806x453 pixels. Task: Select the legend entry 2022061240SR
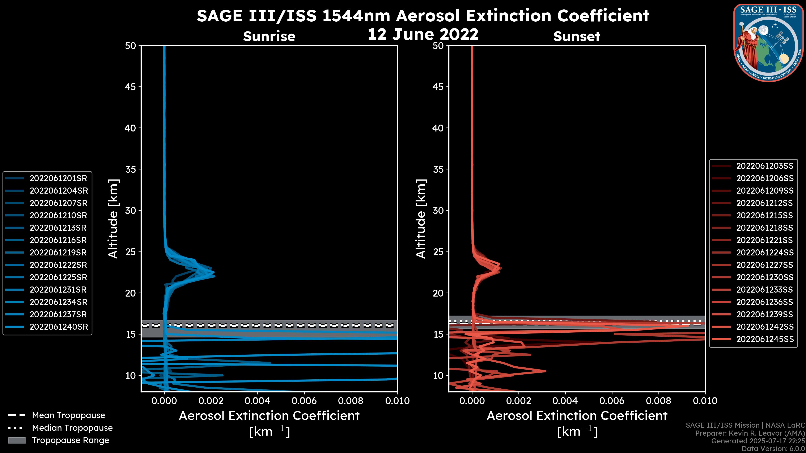tap(59, 327)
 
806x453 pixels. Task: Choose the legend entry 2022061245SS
tap(765, 339)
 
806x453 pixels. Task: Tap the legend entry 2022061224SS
tap(765, 253)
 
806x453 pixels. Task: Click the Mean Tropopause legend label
tap(68, 415)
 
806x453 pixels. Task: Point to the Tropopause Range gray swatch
tap(17, 440)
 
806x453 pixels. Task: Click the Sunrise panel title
tap(269, 36)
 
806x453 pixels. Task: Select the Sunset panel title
tap(577, 36)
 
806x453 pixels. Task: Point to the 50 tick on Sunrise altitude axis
tap(131, 46)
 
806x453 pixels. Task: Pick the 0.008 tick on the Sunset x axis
tap(659, 401)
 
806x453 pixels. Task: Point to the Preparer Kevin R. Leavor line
tap(750, 433)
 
